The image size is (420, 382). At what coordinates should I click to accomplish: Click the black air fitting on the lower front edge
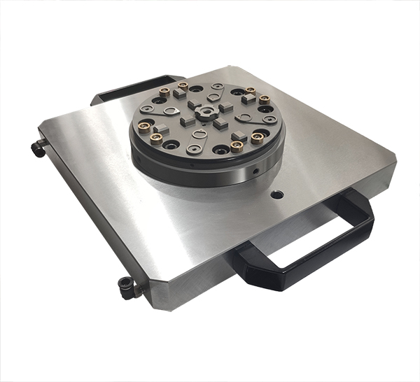tap(127, 285)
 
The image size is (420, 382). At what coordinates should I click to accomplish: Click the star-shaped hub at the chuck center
tap(207, 114)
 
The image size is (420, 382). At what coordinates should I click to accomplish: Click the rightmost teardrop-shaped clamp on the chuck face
tap(262, 118)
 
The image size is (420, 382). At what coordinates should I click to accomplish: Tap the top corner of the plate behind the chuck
tap(231, 69)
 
